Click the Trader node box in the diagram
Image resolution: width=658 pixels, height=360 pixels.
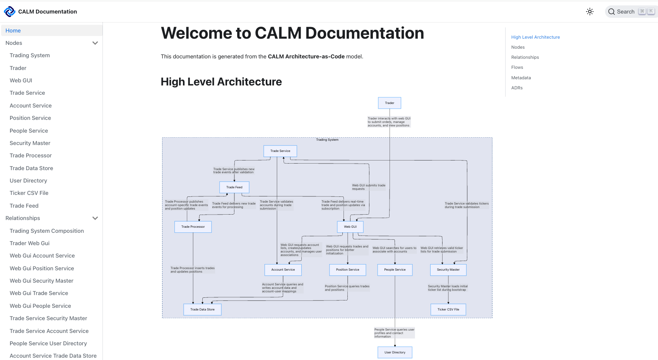point(389,103)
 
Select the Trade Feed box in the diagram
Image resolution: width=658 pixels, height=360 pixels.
point(234,187)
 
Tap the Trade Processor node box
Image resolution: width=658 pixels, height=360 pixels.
point(193,227)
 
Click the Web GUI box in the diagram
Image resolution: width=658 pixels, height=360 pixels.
point(350,227)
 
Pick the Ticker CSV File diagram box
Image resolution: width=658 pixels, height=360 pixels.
point(448,309)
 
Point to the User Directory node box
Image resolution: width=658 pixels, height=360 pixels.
point(395,352)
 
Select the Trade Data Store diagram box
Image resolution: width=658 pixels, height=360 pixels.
point(202,309)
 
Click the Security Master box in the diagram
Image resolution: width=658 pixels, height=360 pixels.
point(448,270)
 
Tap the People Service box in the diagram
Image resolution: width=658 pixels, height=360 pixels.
point(395,270)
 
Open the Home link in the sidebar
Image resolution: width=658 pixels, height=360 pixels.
point(13,31)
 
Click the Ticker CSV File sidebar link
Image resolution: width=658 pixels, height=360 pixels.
point(29,193)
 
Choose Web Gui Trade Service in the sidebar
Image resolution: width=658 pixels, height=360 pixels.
point(39,293)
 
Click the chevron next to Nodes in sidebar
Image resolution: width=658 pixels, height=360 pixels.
point(95,43)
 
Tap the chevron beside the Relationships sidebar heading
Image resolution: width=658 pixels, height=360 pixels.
point(95,218)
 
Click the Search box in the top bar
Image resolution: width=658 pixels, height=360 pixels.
point(631,12)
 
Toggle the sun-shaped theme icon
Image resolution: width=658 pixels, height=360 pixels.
point(590,12)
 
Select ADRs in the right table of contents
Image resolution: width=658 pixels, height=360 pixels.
point(517,88)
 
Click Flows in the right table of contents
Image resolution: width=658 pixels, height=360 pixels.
point(517,67)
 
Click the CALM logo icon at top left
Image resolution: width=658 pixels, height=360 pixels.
point(9,12)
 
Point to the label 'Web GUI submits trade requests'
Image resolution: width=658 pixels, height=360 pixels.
point(368,187)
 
